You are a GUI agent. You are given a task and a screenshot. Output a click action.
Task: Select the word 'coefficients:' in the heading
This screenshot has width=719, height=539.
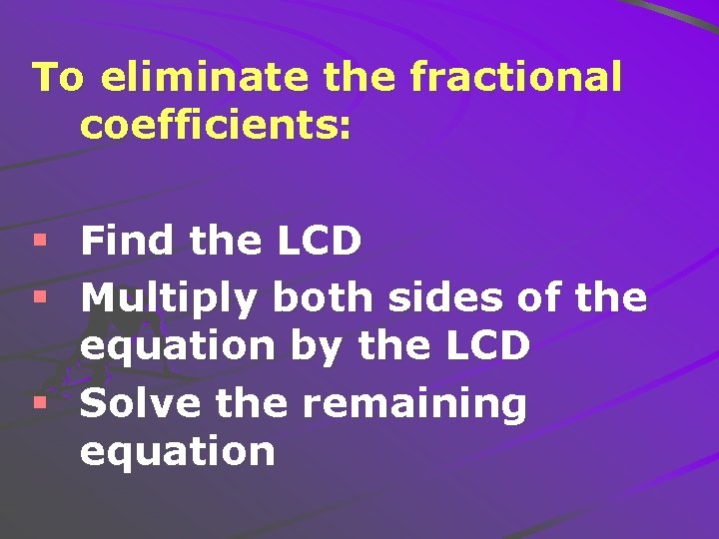coord(216,126)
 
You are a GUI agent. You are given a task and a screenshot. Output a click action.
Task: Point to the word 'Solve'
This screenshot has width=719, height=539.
coord(135,403)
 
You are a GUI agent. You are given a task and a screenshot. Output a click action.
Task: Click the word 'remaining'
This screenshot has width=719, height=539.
coord(414,405)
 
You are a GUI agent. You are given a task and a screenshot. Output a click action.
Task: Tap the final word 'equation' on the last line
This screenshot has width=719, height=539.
coord(177,452)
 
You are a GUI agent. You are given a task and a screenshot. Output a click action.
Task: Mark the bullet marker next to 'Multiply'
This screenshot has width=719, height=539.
coord(40,296)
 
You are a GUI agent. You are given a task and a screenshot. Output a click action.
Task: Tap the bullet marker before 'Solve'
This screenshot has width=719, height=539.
coord(40,404)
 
